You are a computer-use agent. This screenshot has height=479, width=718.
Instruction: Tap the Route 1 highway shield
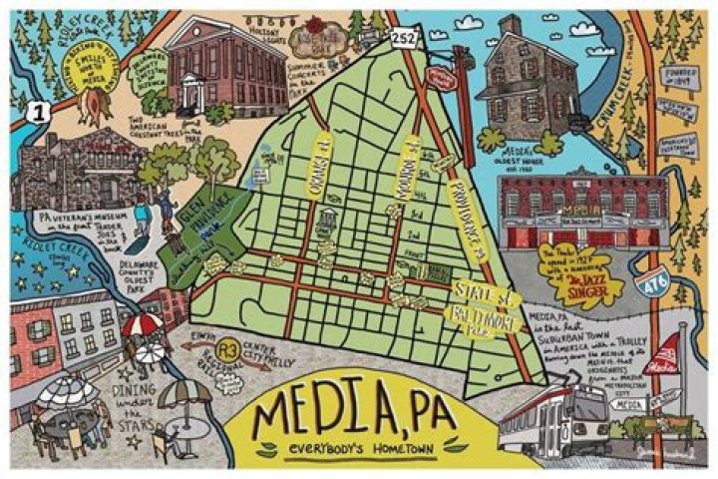click(x=38, y=111)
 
